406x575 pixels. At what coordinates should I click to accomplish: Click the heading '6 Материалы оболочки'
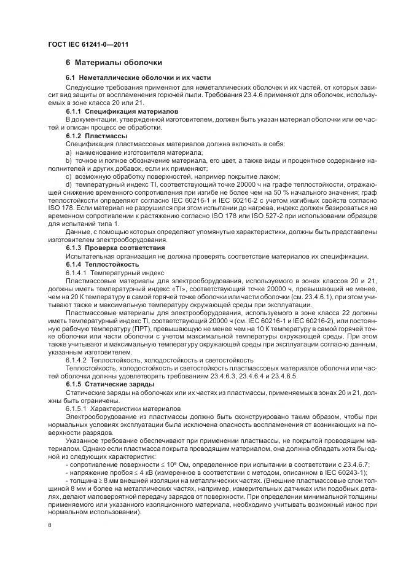(114, 63)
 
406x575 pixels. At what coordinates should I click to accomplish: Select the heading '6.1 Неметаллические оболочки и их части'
(138, 78)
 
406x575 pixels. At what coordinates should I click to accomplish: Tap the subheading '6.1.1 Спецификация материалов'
(122, 112)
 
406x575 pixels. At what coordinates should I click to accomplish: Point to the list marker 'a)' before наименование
(69, 151)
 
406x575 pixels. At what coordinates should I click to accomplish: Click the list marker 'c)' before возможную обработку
(69, 175)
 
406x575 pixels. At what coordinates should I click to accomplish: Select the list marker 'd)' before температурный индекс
(69, 184)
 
